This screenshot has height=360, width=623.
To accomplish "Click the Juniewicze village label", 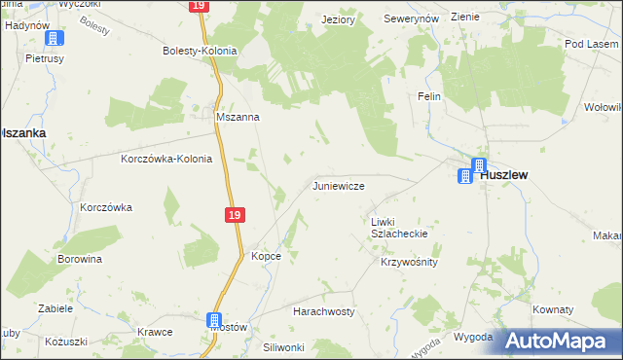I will coord(338,185).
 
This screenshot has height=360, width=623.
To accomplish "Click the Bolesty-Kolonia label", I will coord(201,50).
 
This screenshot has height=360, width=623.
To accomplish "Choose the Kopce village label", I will coord(267,256).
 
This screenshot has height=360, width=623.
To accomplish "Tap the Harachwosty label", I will coord(324,311).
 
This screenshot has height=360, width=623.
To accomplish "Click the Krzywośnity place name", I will coord(410,263).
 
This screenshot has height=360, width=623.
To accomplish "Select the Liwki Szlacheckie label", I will coord(399,228).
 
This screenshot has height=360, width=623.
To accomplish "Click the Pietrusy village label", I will coord(44,58).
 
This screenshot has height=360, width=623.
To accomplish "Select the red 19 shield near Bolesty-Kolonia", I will coord(199,6).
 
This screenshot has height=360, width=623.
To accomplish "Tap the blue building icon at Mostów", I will coord(215,320).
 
